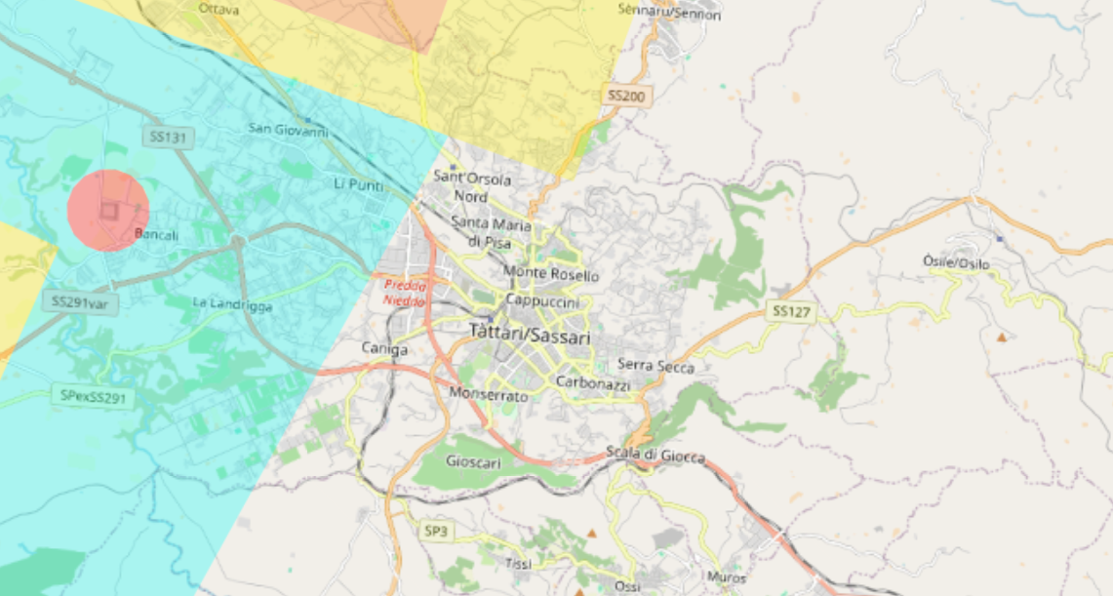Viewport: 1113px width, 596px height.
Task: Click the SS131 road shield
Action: click(166, 138)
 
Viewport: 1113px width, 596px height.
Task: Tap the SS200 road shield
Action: click(626, 96)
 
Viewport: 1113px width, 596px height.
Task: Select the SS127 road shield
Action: click(790, 311)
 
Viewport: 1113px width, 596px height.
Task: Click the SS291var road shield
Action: click(80, 302)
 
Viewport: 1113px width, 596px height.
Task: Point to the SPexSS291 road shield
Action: click(93, 396)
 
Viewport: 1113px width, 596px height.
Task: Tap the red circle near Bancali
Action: click(107, 211)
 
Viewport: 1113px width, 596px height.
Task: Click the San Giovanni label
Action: click(288, 129)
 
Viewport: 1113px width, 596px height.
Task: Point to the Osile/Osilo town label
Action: click(956, 263)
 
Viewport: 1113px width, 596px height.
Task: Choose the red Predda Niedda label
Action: click(404, 293)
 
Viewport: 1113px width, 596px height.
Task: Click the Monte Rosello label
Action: click(551, 275)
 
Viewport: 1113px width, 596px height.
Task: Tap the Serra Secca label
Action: click(656, 367)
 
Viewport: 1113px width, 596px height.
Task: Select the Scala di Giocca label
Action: click(655, 454)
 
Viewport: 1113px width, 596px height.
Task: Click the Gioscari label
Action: click(473, 462)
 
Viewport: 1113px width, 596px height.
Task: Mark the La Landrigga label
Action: click(232, 305)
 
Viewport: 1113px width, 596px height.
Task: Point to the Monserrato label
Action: click(489, 395)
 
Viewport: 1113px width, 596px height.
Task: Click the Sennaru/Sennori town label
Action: click(670, 13)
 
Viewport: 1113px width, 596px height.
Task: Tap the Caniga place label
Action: click(384, 347)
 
